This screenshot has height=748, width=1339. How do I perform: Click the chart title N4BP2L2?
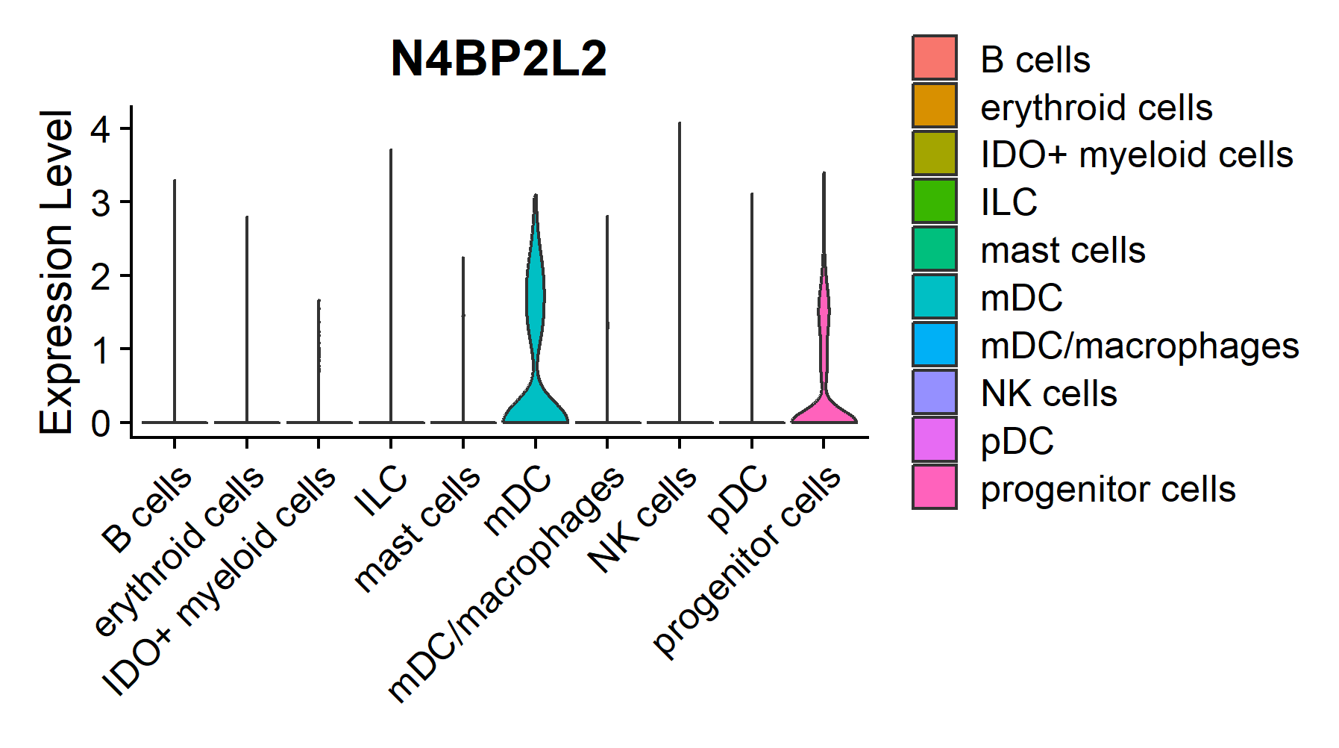click(498, 59)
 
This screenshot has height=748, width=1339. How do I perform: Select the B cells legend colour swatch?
click(934, 57)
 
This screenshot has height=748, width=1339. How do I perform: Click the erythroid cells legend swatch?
click(934, 105)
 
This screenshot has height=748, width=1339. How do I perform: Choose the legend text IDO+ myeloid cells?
click(1136, 155)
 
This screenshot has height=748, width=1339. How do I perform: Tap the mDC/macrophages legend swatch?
click(934, 344)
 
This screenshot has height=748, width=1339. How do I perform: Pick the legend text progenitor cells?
click(1108, 489)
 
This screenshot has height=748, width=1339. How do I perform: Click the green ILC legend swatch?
click(934, 201)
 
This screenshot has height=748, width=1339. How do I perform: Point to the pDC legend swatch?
click(934, 440)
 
